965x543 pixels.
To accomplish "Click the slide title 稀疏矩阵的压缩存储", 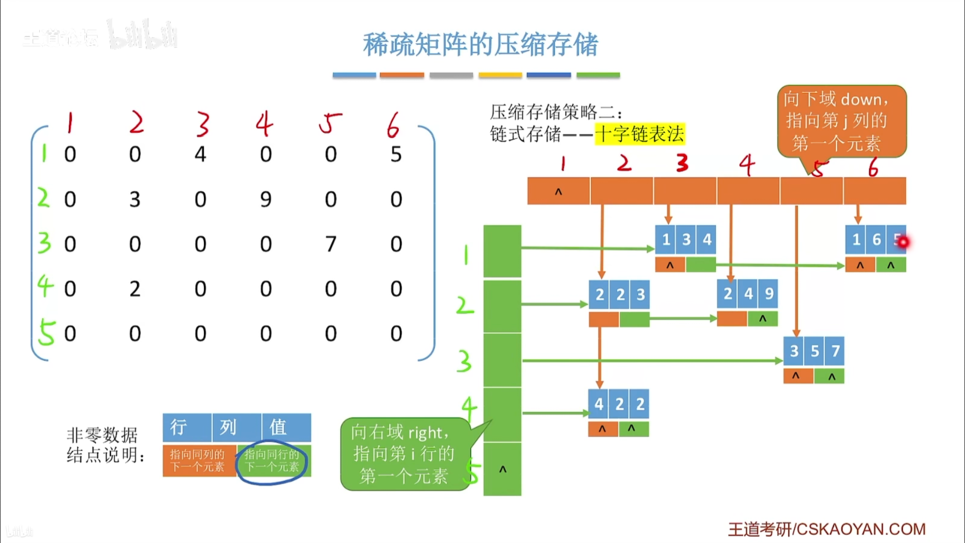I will tap(480, 44).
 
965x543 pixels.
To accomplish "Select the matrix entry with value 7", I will tap(331, 244).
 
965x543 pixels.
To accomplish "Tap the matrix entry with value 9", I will tap(266, 199).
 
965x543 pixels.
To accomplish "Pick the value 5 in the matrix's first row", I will tap(396, 154).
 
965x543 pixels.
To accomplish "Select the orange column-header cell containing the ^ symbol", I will tap(558, 191).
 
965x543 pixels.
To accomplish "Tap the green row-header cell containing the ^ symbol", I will tap(502, 469).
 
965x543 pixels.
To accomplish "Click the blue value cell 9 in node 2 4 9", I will tap(769, 293).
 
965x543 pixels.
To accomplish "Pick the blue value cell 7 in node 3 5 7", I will tap(835, 351).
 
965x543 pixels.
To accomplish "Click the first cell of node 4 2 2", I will tap(598, 404).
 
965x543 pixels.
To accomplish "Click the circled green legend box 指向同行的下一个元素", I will tap(273, 461).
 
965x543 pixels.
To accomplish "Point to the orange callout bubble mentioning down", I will tap(841, 121).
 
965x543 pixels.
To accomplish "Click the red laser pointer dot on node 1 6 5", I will tap(903, 242).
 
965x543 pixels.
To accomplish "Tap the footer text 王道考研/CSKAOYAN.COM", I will tap(826, 529).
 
